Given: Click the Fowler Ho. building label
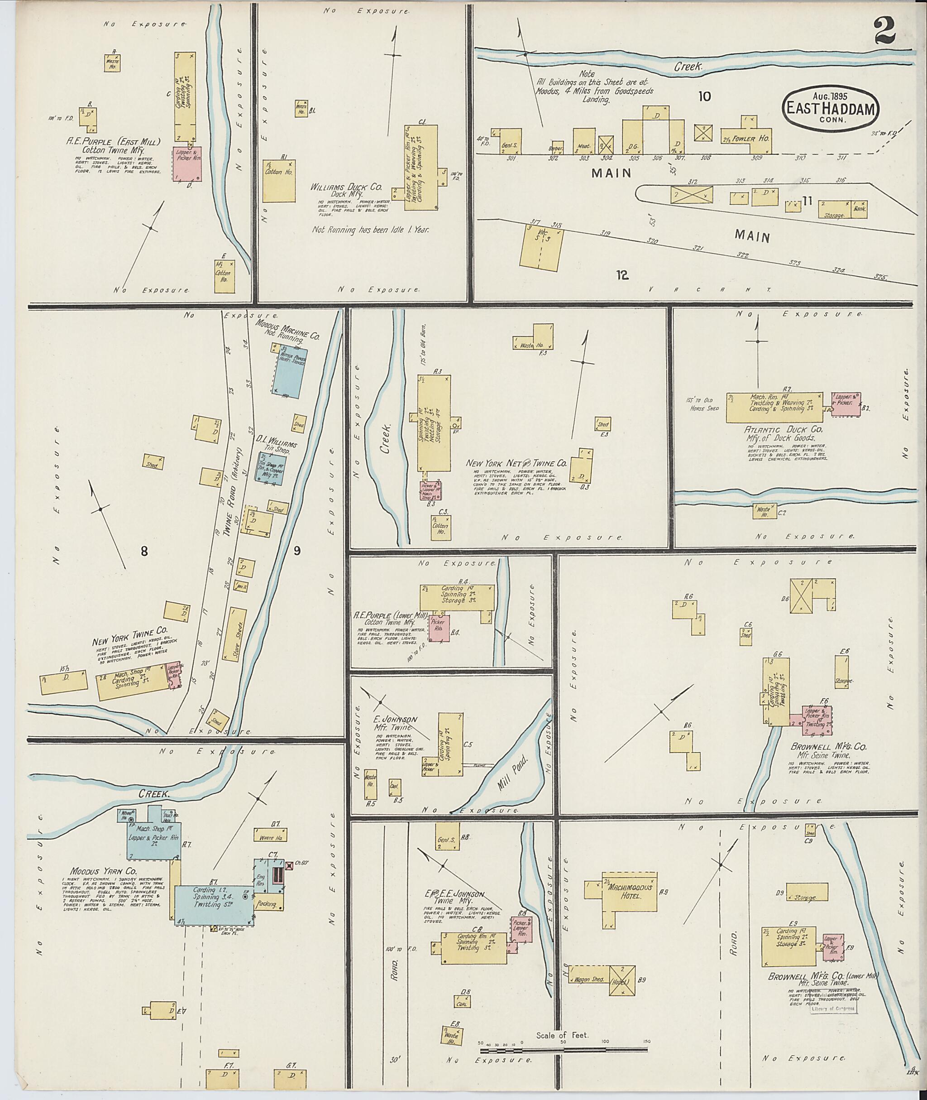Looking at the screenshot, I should pos(757,139).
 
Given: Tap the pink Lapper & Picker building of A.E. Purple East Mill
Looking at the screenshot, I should pos(187,164).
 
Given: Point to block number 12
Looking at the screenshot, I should pos(623,275).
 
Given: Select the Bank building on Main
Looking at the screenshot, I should pos(860,209).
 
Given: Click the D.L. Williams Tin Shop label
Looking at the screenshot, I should pos(277,441).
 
